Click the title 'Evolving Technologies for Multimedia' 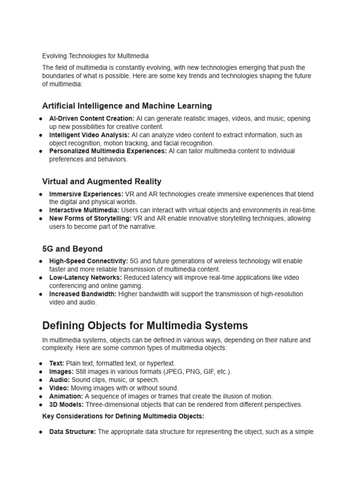coord(95,56)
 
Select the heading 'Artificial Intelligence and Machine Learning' coord(127,106)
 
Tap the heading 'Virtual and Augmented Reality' coord(102,181)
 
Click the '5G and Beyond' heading coord(72,248)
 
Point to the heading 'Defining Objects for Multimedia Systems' coord(145,325)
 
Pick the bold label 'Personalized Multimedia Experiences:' coord(108,151)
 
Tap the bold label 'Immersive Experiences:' coord(86,194)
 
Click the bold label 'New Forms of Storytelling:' coord(90,218)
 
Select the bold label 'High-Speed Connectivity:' coord(88,261)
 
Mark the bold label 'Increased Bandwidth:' coord(83,294)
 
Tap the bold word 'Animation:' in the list coord(66,397)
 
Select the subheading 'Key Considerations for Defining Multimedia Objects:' coord(123,416)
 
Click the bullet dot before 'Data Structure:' coord(41,432)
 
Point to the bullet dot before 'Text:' coord(41,364)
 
